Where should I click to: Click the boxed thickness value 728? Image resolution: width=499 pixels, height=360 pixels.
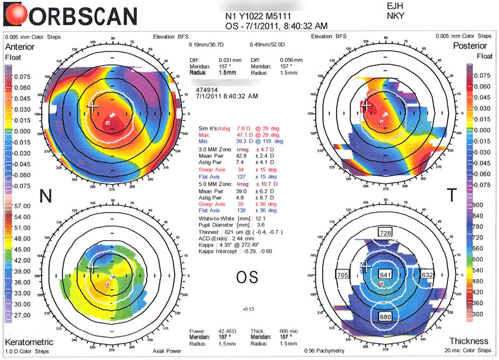click(385, 233)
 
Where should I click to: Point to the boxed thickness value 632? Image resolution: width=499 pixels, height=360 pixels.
click(427, 275)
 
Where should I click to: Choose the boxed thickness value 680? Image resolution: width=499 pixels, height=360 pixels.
click(385, 317)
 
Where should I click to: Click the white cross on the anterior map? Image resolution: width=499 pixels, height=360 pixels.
click(94, 106)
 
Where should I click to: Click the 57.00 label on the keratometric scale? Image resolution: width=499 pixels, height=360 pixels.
click(13, 205)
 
